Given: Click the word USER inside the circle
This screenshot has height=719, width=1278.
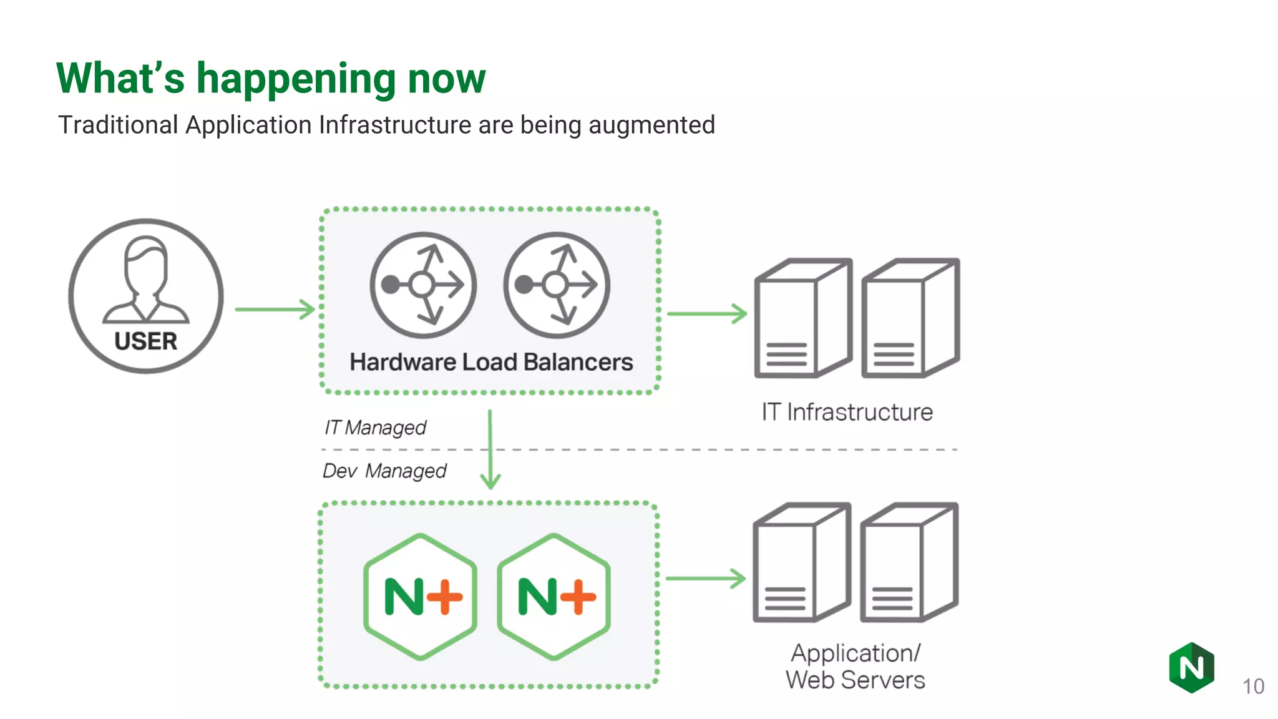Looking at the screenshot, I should tap(145, 341).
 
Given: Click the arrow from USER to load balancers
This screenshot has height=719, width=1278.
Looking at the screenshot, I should tap(275, 309).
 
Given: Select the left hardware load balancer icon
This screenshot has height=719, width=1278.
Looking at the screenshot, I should tap(423, 285).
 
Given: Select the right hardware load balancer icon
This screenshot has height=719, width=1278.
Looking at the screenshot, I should tap(557, 285).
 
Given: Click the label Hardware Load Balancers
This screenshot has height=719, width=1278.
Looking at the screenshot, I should tap(491, 362).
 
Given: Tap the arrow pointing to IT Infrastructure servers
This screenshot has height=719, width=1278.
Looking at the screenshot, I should tap(706, 313).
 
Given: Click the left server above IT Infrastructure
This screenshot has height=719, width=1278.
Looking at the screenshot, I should tap(802, 318).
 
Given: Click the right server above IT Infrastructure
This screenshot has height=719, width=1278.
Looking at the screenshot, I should tap(910, 318).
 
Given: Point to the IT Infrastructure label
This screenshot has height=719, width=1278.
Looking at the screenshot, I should tap(847, 412).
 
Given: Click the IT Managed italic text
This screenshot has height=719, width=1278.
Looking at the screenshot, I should tap(375, 428).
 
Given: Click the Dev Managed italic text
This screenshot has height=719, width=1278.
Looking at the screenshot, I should tap(384, 471).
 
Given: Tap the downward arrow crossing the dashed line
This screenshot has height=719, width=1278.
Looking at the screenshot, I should tap(490, 449).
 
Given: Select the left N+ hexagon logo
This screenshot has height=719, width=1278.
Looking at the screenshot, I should tap(421, 597).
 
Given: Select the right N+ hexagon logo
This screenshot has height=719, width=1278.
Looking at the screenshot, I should tap(554, 597).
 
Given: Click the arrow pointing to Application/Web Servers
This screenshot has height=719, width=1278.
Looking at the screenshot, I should tap(705, 579).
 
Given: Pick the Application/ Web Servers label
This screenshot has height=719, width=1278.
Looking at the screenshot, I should tap(855, 667).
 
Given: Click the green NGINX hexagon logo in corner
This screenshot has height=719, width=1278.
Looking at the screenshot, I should tap(1191, 668).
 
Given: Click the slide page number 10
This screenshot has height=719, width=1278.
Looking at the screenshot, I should tap(1253, 687).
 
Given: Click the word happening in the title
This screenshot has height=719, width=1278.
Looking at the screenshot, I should tap(296, 79).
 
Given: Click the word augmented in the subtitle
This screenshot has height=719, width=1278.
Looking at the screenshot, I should tap(651, 125).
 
